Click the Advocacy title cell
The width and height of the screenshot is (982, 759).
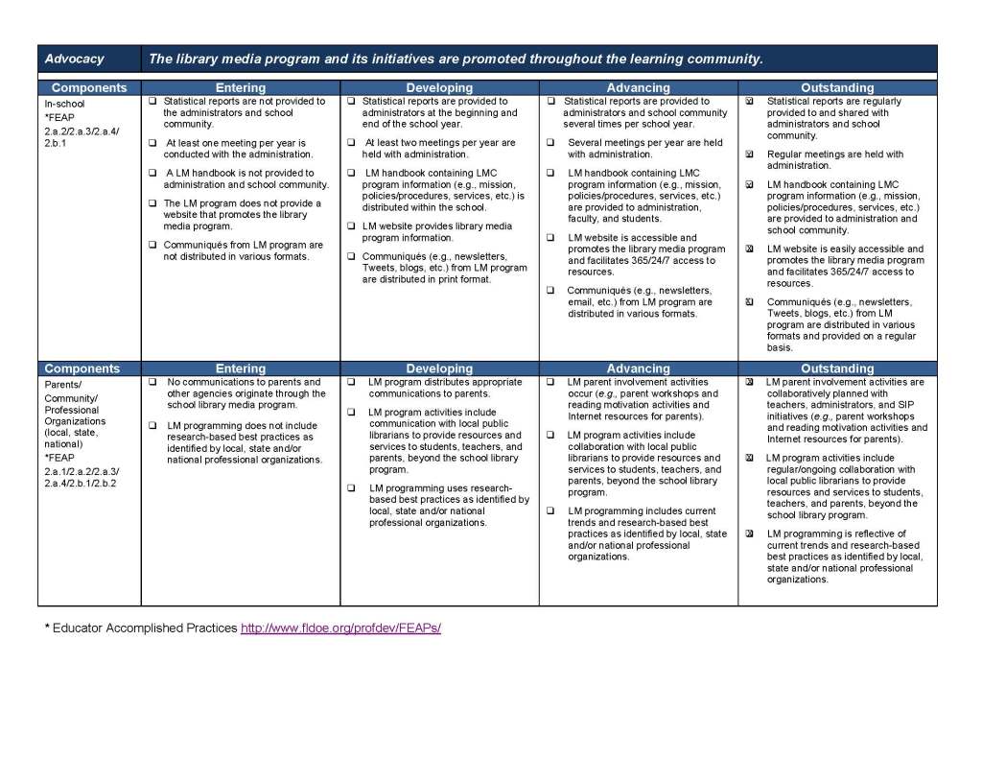click(x=75, y=59)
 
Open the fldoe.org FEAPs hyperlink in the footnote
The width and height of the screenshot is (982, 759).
click(x=340, y=628)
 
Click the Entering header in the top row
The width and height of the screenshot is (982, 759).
click(x=240, y=87)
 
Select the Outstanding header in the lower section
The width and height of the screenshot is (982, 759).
click(x=837, y=368)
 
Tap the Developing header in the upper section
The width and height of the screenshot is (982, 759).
click(x=439, y=87)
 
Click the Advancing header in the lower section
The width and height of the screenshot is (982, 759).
click(x=638, y=368)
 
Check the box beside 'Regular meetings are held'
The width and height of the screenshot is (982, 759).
click(x=750, y=154)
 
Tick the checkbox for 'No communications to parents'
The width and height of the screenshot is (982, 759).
click(x=152, y=382)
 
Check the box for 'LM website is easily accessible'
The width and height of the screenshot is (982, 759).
click(x=750, y=249)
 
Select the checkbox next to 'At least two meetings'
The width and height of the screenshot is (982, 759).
click(x=352, y=143)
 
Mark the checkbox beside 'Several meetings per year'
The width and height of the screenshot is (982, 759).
click(x=550, y=143)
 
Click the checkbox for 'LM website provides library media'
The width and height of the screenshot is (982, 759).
click(x=352, y=226)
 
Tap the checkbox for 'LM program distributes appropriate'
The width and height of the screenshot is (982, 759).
click(x=352, y=382)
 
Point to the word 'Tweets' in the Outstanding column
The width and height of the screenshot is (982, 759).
click(x=783, y=313)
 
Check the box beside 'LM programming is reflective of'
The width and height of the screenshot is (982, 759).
click(x=750, y=534)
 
